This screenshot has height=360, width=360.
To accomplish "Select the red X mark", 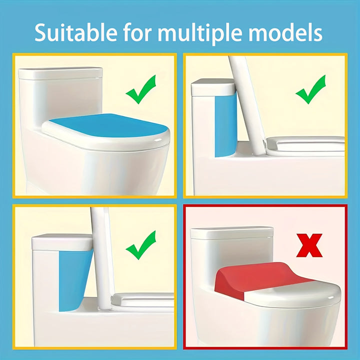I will (309, 245).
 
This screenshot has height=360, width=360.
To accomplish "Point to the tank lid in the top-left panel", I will (60, 73).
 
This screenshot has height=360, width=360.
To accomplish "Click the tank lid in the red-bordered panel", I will (231, 233).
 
